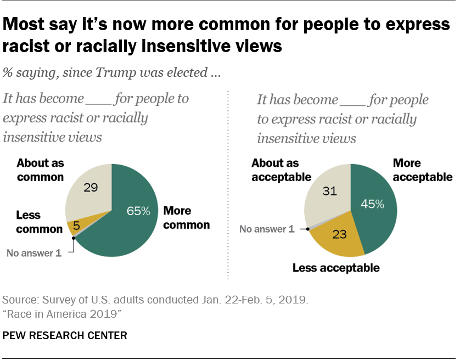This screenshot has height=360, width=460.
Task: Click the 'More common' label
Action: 186,218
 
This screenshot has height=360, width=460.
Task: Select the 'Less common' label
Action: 39,222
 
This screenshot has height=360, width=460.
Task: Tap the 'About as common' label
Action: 40,170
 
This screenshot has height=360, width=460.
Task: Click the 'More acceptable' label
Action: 422,170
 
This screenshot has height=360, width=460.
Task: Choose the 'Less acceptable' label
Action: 336,268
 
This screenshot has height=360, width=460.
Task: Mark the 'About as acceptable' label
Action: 281,170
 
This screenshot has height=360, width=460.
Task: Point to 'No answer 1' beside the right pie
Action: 271,229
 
